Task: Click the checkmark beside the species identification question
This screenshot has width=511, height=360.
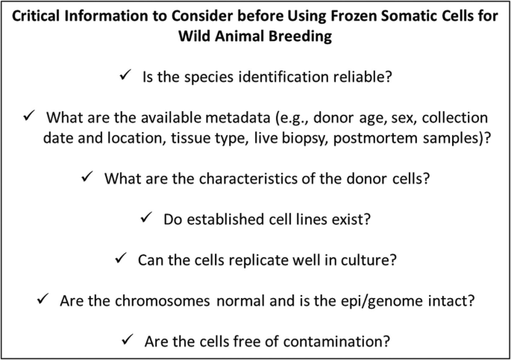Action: (124, 76)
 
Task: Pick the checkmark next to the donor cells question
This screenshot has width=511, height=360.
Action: (87, 177)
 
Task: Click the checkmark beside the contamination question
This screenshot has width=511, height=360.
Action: (128, 338)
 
